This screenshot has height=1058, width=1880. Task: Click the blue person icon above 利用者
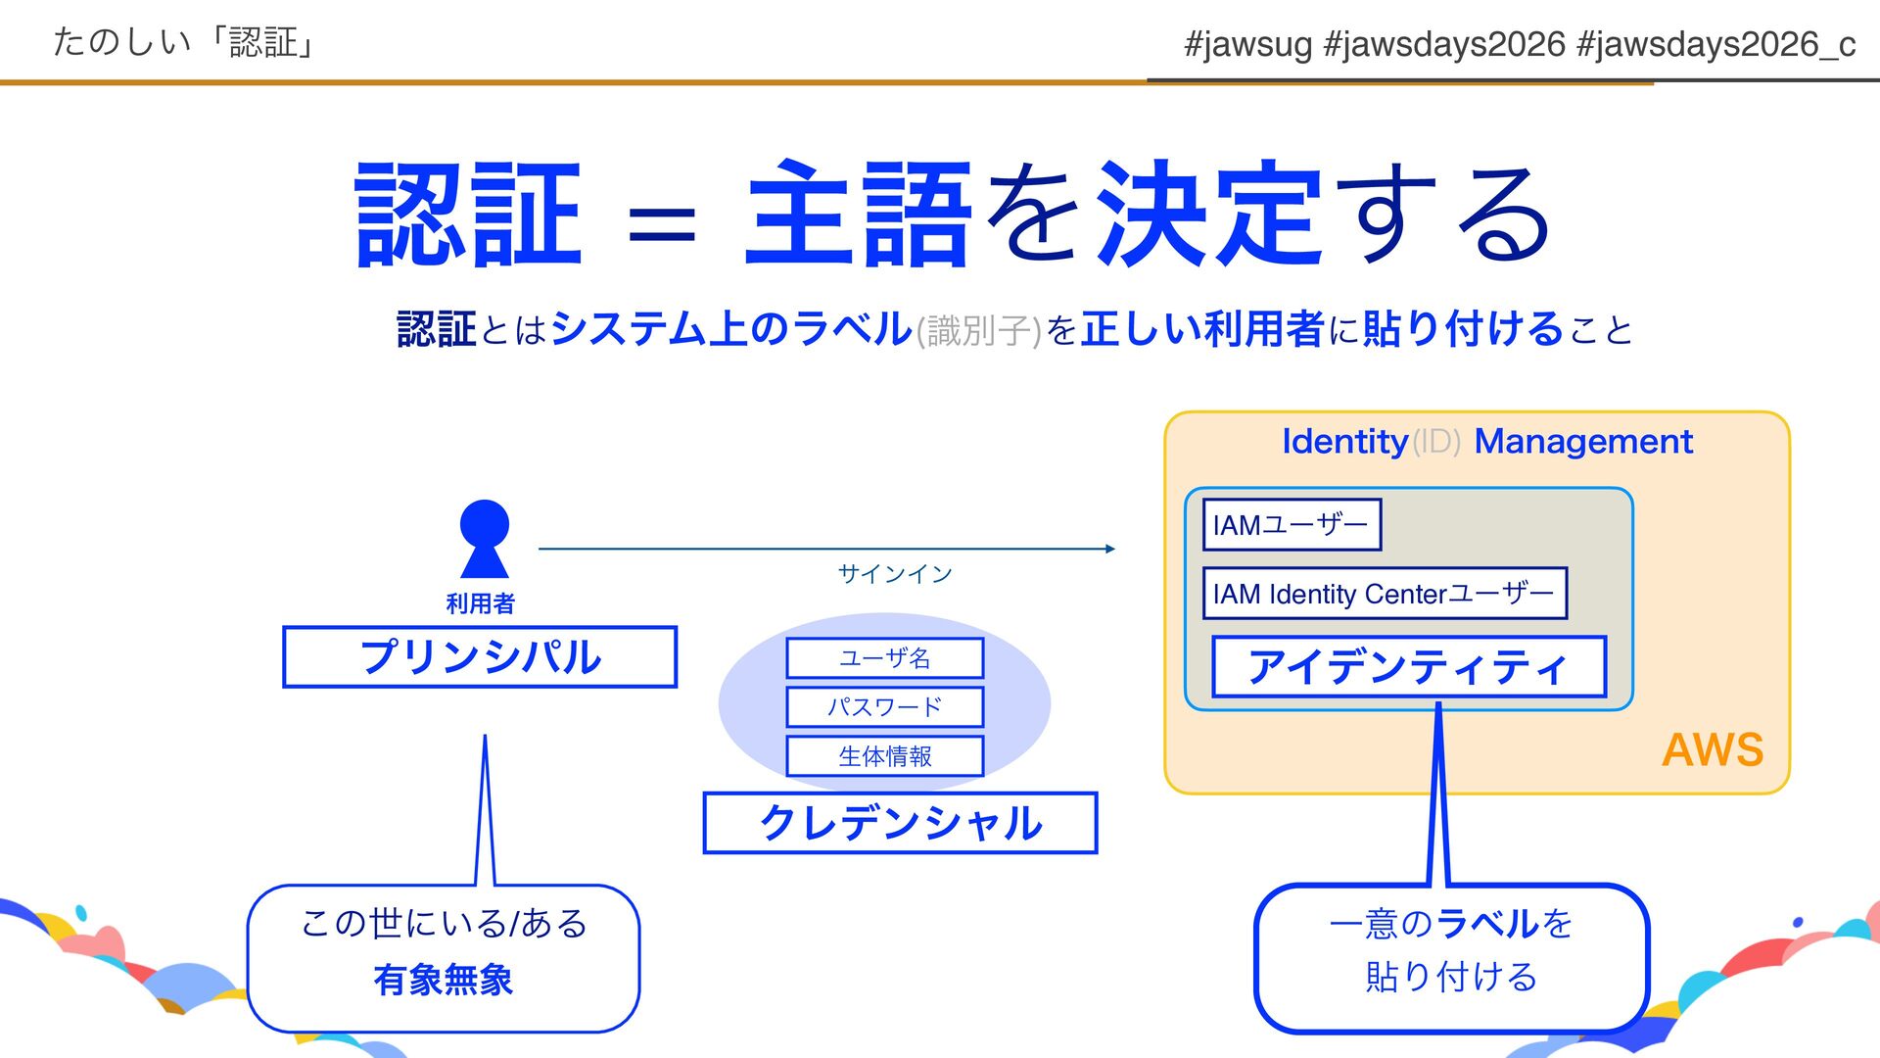click(484, 538)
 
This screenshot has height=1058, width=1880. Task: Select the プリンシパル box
click(480, 656)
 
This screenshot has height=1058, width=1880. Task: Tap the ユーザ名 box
click(884, 657)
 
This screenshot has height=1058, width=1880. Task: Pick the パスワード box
click(884, 706)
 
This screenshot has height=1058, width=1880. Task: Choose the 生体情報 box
click(884, 755)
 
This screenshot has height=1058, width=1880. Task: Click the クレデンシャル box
click(900, 823)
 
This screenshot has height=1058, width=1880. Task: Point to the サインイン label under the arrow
click(894, 574)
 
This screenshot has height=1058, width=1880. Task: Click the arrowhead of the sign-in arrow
click(1109, 549)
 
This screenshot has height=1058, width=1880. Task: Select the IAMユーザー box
click(1292, 525)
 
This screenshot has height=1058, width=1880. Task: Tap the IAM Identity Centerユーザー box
click(1384, 594)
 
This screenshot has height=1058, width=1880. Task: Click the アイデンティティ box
click(1409, 667)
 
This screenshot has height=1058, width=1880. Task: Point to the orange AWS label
click(1713, 750)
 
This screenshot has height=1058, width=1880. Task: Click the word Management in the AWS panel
click(1583, 442)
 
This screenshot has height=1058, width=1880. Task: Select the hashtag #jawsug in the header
click(1247, 44)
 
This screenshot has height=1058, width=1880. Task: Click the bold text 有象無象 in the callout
click(444, 980)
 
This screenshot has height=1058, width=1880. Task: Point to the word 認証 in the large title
click(468, 216)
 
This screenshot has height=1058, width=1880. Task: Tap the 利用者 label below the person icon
click(480, 603)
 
